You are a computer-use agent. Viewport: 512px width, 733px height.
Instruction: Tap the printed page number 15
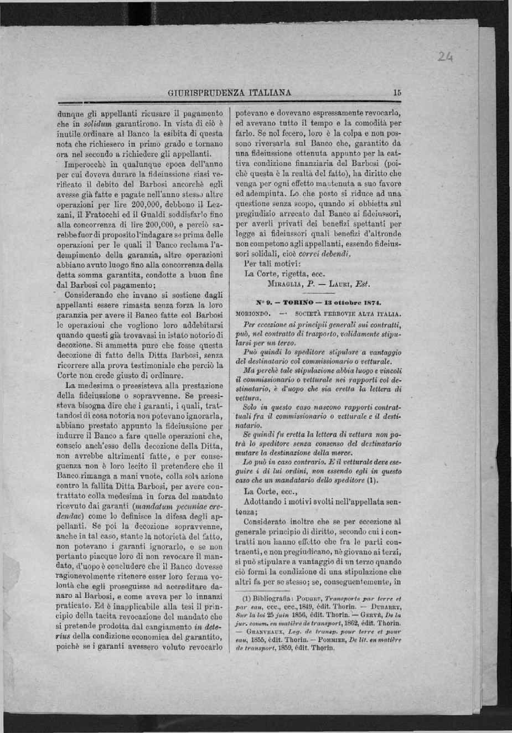pos(397,93)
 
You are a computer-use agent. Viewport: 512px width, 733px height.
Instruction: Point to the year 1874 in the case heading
pos(366,303)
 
